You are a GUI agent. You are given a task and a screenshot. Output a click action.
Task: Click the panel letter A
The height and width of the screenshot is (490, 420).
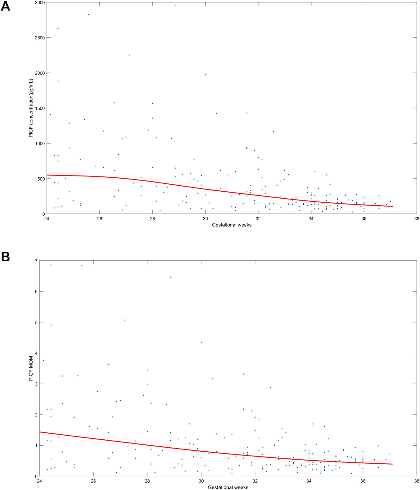point(5,6)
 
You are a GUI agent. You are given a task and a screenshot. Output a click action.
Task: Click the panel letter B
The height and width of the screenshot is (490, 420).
point(5,257)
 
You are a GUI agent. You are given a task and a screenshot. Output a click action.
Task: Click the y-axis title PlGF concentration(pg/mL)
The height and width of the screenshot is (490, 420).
point(31,108)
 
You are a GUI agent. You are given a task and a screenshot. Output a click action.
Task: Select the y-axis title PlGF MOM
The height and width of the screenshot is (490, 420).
point(31,369)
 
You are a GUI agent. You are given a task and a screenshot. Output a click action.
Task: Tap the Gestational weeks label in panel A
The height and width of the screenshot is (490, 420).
point(232,225)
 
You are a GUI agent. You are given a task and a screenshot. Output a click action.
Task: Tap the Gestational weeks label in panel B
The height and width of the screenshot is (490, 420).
point(228,487)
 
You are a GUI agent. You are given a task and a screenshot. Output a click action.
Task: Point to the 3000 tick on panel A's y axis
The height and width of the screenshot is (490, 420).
point(39,3)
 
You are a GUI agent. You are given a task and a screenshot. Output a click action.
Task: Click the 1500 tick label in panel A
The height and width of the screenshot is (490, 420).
point(39,108)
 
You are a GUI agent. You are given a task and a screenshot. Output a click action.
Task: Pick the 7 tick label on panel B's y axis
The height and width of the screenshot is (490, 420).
point(36,261)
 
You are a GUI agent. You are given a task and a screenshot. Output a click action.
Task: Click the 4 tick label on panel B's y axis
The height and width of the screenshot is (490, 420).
point(36,353)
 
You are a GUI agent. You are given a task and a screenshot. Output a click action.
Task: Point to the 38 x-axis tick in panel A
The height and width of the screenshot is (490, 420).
point(417,219)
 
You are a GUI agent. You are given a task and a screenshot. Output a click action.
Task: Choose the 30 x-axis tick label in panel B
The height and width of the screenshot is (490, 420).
point(201,481)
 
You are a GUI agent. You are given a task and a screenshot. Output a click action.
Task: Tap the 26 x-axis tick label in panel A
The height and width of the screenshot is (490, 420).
point(99,219)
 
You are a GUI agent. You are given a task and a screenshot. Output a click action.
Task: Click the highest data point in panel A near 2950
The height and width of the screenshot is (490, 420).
point(175,5)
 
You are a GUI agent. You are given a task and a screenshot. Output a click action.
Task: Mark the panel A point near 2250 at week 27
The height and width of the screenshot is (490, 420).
point(130,55)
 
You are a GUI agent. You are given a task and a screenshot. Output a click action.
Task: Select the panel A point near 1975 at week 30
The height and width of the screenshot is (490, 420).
point(205,75)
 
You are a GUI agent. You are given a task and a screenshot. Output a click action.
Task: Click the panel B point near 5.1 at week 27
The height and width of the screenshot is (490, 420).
point(124,320)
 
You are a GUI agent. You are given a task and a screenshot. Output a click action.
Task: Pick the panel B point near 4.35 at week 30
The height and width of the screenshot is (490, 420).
point(201,342)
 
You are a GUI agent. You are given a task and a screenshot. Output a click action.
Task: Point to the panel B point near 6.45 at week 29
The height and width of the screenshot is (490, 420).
point(170,277)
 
